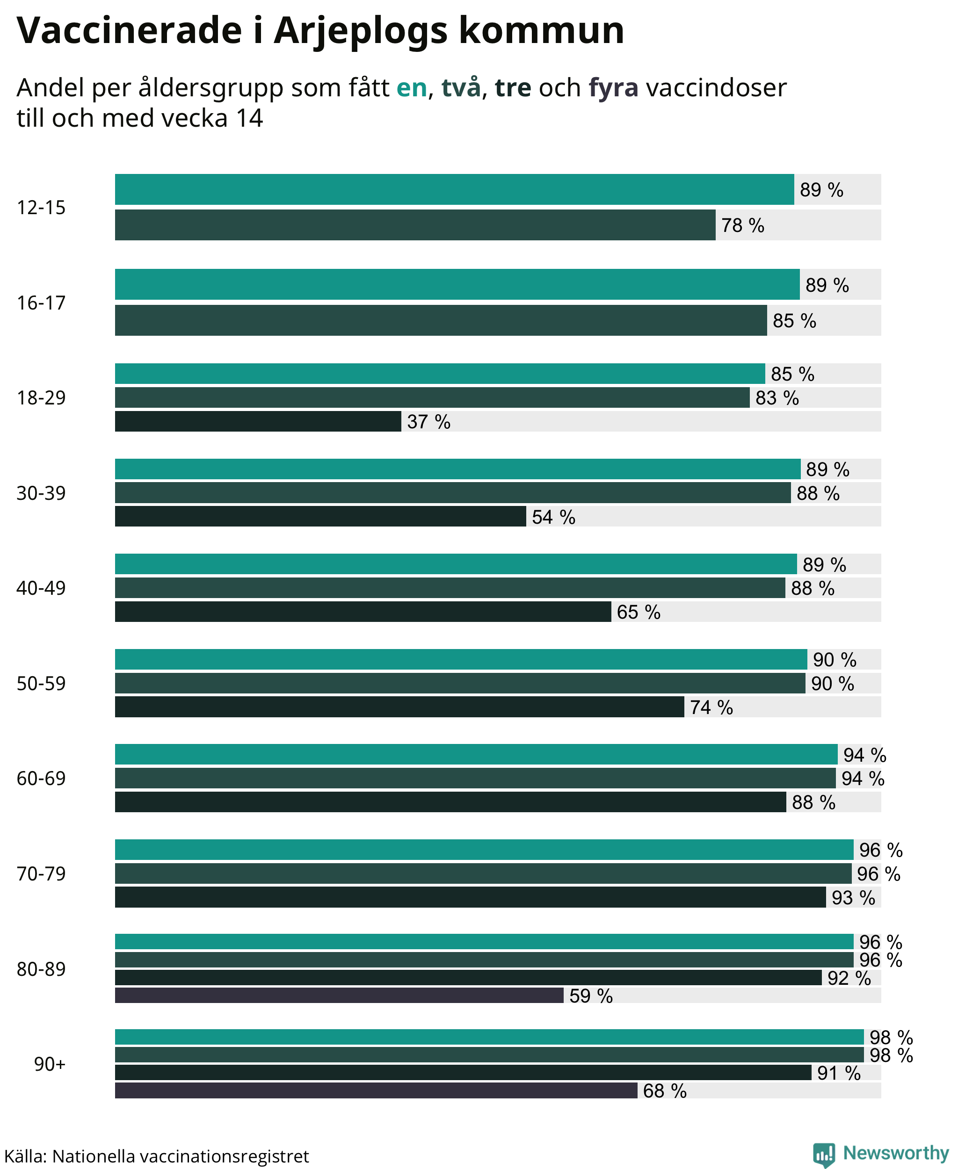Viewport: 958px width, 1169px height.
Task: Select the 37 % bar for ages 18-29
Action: pos(258,421)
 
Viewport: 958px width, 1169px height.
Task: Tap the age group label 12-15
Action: pos(41,208)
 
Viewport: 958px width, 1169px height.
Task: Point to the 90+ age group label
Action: pos(50,1064)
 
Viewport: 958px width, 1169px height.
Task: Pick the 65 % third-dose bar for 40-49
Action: pos(363,611)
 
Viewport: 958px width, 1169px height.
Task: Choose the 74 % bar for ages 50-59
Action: pos(399,707)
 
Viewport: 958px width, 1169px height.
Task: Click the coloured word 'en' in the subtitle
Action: pos(412,88)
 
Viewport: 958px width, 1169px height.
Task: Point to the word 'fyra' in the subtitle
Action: pos(614,88)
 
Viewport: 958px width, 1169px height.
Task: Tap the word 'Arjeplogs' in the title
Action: pos(360,31)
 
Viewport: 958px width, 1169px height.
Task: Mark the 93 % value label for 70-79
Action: pos(853,898)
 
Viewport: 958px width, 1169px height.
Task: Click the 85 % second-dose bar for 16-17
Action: pos(441,320)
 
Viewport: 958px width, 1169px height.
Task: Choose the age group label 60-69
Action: pos(41,779)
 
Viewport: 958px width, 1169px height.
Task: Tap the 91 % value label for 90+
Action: pos(839,1073)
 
